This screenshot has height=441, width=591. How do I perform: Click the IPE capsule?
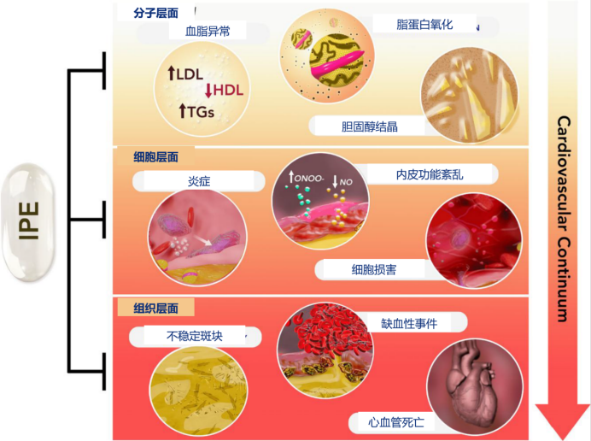point(29,222)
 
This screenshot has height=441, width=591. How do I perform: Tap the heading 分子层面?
point(155,13)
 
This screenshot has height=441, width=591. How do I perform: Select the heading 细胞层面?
point(155,157)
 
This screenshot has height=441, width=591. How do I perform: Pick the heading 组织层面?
point(155,309)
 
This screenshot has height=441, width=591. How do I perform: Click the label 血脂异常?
point(208,31)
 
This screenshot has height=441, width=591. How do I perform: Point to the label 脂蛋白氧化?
point(424,25)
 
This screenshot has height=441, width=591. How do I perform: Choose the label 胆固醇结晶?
point(369,126)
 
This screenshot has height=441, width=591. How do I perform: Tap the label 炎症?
point(199,181)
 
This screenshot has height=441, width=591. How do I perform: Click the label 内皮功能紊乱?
point(430,174)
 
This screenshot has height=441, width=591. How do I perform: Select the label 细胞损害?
point(373,269)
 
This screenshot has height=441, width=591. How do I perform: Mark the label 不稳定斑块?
point(195,336)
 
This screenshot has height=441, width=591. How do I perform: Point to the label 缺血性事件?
point(409,323)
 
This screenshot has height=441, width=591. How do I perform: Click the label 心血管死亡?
point(396,422)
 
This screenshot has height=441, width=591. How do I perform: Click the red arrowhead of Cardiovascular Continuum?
point(563,420)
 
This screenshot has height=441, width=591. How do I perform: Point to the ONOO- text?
point(308,178)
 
